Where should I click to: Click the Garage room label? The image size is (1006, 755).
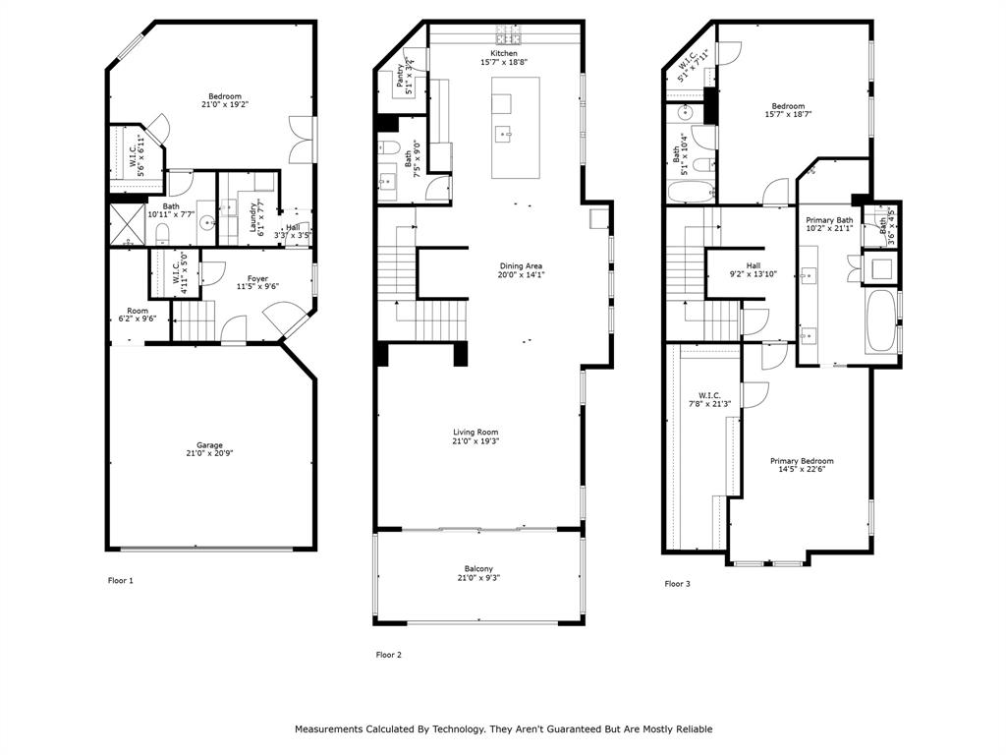(210, 443)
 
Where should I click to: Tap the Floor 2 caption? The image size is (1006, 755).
(389, 655)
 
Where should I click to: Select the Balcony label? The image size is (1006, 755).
(478, 568)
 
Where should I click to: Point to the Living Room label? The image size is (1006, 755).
(475, 433)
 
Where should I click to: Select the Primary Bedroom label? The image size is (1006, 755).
(802, 461)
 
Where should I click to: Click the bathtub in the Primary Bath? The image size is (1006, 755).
(880, 320)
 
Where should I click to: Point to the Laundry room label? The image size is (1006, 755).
(252, 212)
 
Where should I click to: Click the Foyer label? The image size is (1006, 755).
(257, 278)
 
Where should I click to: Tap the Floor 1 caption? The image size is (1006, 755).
(120, 580)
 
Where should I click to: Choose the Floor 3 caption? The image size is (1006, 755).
(677, 584)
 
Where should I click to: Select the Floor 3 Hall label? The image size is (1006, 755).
(754, 265)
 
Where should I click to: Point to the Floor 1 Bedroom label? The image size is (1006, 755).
(224, 95)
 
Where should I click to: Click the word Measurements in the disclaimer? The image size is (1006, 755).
(329, 729)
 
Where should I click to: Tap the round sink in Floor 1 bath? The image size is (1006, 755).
(207, 224)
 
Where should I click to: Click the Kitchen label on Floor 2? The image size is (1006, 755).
(504, 53)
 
